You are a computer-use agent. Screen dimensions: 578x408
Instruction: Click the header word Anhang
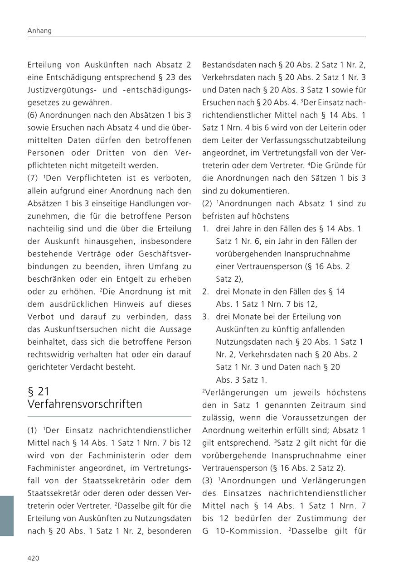pyautogui.click(x=39, y=31)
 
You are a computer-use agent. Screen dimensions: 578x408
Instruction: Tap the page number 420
pyautogui.click(x=34, y=558)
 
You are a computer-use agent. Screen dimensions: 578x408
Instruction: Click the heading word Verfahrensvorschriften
pyautogui.click(x=85, y=404)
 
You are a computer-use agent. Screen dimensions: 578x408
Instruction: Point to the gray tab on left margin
pyautogui.click(x=6, y=515)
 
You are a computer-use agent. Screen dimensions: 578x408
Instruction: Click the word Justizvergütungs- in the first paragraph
pyautogui.click(x=59, y=90)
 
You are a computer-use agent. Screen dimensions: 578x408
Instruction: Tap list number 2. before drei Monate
pyautogui.click(x=205, y=292)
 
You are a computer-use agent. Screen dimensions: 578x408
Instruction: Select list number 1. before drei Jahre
pyautogui.click(x=205, y=229)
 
